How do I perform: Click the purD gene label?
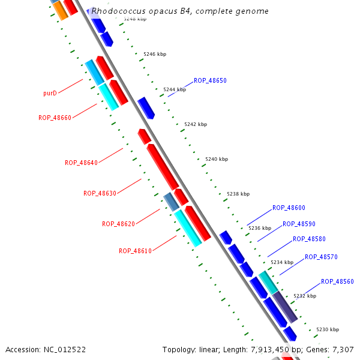point(50,94)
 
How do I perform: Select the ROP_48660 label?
point(55,118)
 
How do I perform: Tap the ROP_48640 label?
point(81,163)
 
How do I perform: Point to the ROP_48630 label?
point(100,193)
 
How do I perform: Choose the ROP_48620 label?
point(118,224)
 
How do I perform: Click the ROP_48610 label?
point(135,251)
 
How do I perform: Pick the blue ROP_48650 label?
point(210,80)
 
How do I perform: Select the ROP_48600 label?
point(289,208)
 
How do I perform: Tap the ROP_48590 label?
point(299,224)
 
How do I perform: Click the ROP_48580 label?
point(309,239)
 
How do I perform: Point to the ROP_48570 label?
point(321,257)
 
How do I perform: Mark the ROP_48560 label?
point(337,281)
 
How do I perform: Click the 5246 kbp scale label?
point(154,54)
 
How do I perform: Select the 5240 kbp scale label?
point(217,159)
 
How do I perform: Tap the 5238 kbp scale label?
point(238,194)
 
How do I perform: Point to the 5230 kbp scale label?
point(328,329)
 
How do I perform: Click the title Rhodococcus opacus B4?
point(180,11)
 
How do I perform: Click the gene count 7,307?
point(342,349)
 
